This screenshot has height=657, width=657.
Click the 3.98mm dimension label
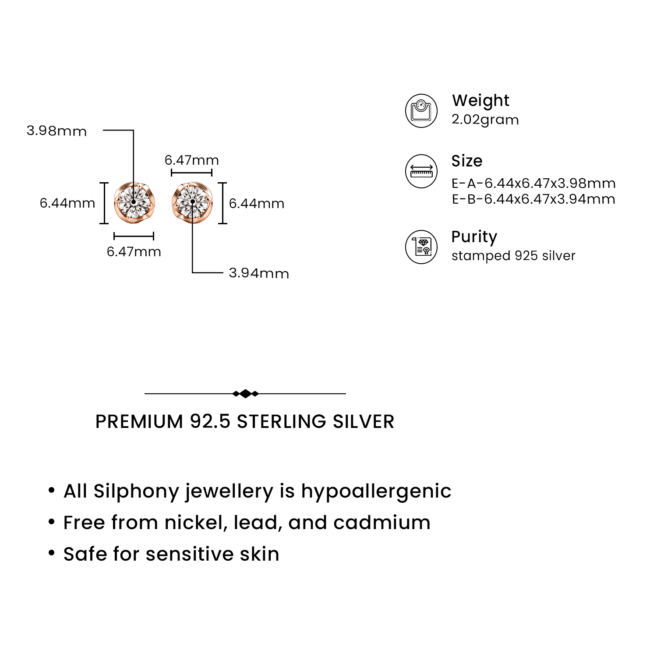click(x=57, y=131)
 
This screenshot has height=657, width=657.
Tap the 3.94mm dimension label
click(x=259, y=273)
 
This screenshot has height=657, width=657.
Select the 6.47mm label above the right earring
click(x=192, y=160)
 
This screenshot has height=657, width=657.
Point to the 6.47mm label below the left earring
click(x=134, y=252)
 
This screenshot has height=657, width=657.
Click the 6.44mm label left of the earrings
click(x=67, y=203)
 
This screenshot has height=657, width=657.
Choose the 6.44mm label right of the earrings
click(x=257, y=204)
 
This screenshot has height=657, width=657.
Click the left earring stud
click(x=134, y=203)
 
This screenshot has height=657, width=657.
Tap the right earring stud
click(x=192, y=203)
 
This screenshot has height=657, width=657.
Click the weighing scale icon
click(x=421, y=111)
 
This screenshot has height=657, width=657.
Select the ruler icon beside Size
click(x=421, y=171)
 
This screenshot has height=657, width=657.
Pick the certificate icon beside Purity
click(x=421, y=247)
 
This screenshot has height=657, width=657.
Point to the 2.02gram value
click(x=485, y=120)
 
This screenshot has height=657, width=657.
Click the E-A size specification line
click(x=534, y=183)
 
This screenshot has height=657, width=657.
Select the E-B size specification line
click(x=534, y=199)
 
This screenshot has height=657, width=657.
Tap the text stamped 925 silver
click(x=514, y=256)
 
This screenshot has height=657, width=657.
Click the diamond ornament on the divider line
click(x=245, y=394)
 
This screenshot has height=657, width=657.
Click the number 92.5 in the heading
click(x=210, y=421)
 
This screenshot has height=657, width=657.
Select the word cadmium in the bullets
click(x=381, y=523)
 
